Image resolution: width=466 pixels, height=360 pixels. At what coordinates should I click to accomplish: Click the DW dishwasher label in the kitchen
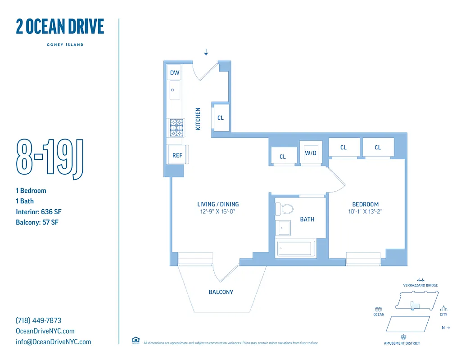[x=175, y=72]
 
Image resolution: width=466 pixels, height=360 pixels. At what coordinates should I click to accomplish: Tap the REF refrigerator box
[x=177, y=155]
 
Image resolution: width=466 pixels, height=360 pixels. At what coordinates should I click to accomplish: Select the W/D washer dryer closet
[x=311, y=153]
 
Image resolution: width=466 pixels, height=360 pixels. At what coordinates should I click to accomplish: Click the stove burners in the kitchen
[x=176, y=127]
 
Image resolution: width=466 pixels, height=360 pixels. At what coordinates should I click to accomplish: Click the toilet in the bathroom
[x=285, y=209]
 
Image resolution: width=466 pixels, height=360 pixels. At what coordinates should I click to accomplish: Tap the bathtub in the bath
[x=296, y=248]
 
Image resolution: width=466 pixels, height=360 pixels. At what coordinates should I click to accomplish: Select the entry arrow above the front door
[x=206, y=52]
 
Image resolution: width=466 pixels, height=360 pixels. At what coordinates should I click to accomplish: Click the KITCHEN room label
[x=198, y=119]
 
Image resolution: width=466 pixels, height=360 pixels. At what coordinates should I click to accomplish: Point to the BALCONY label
[x=221, y=292]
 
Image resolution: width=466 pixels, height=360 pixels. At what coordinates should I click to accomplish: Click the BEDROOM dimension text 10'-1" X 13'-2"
[x=365, y=211]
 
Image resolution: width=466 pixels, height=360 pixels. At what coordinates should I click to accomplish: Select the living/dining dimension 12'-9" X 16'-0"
[x=217, y=211]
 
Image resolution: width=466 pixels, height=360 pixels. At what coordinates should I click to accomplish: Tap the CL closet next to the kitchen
[x=221, y=118]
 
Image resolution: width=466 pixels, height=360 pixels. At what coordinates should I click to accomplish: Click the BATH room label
[x=307, y=220]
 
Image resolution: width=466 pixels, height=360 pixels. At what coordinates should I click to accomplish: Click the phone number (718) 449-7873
[x=38, y=320]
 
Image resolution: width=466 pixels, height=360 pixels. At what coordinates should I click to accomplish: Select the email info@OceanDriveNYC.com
[x=53, y=342]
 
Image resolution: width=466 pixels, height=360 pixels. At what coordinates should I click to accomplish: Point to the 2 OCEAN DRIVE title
[x=60, y=27]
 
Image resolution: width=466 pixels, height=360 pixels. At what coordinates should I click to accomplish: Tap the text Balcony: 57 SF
[x=37, y=222]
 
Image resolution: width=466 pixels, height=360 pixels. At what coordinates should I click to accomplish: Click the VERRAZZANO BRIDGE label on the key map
[x=421, y=285]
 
